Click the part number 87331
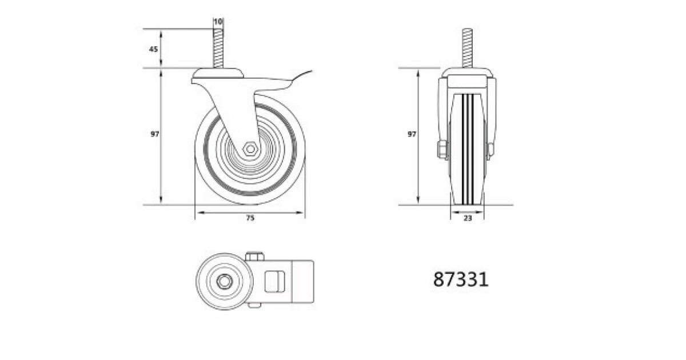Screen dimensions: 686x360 coord(461,279)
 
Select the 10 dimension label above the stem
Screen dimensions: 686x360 coord(218,22)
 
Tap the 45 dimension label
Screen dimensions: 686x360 coord(153,49)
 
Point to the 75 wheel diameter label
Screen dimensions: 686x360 coord(250,218)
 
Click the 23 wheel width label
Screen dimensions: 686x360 coord(468,218)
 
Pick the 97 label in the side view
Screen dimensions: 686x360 coord(155,134)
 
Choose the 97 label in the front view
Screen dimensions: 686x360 coord(412,134)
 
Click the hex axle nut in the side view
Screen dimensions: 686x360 coord(250,149)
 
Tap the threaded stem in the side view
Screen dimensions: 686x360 coord(218,49)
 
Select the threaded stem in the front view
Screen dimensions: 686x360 coord(467,48)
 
